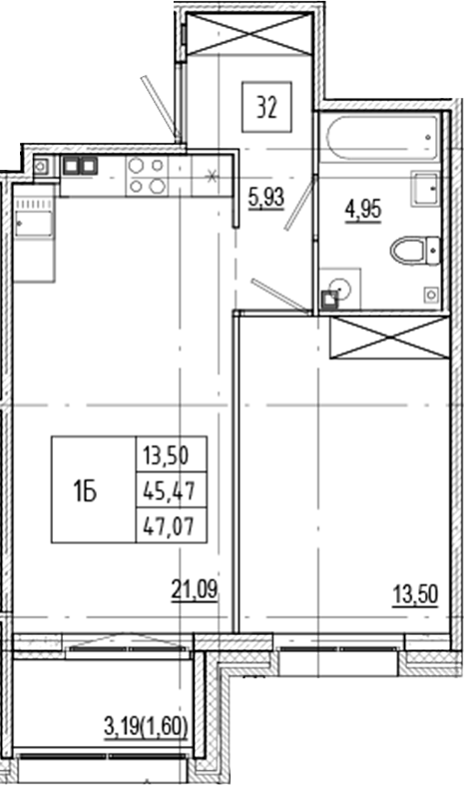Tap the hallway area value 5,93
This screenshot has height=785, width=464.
point(264,196)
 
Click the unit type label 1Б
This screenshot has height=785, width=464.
point(85,489)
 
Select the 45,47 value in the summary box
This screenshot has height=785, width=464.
point(171,489)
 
